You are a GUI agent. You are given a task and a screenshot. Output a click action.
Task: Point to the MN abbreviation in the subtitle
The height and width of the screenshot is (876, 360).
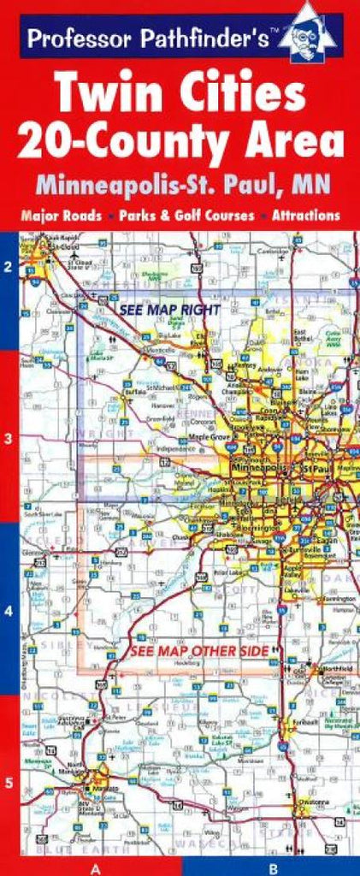coord(309,182)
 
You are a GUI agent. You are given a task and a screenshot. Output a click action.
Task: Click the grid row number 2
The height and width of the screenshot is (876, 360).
coord(9,267)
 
